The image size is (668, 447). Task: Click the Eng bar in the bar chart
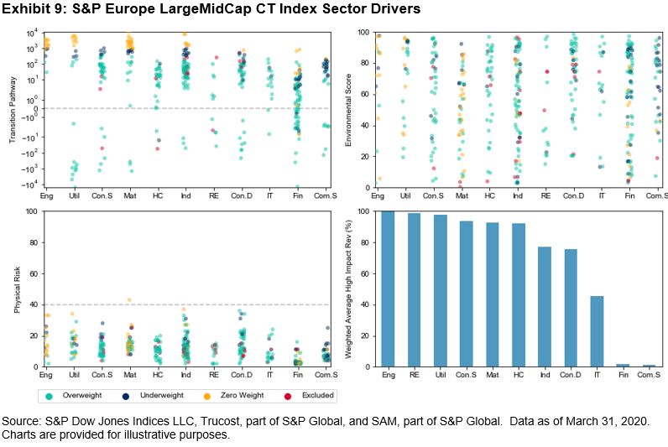point(387,289)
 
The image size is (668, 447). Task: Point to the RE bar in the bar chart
point(413,290)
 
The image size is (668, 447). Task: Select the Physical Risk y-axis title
point(17,288)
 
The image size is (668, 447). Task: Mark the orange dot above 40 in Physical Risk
point(129,299)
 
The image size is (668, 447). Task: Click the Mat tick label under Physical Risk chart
point(129,373)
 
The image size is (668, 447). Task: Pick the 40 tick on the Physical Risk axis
point(32,304)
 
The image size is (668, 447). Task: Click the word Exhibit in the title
point(27,10)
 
